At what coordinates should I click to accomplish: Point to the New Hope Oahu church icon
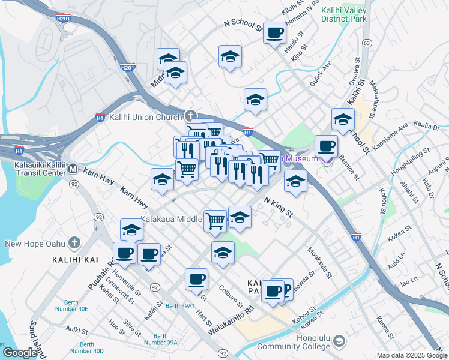[74, 243]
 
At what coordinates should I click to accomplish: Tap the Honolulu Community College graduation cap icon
[340, 341]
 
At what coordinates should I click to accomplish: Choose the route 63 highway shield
[366, 43]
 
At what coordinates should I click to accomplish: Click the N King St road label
[278, 208]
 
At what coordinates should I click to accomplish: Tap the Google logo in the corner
[19, 353]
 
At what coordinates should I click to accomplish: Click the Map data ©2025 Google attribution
[412, 355]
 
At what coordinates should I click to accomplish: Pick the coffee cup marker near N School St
[274, 33]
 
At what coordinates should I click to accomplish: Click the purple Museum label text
[301, 158]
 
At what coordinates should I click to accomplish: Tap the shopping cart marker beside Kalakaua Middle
[215, 220]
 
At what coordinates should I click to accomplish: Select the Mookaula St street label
[319, 262]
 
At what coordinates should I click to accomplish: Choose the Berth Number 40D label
[87, 347]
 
